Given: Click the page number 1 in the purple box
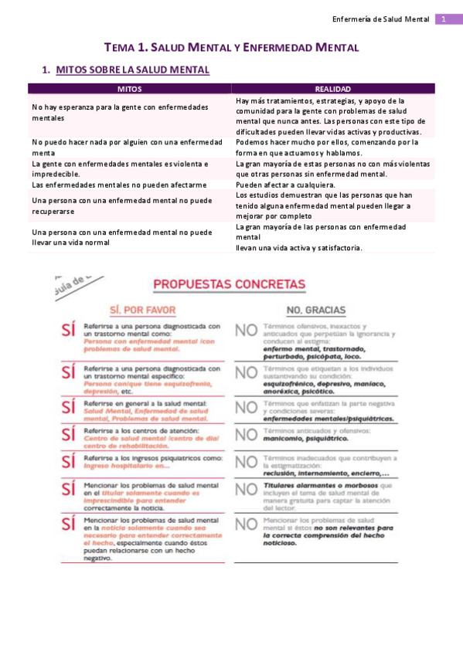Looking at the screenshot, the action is click(x=444, y=19).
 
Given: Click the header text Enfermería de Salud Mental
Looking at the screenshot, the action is click(x=380, y=19).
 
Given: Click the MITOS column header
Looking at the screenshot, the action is click(x=129, y=89).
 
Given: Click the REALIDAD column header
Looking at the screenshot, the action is click(x=333, y=89).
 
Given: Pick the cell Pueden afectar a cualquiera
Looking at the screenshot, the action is click(x=286, y=185).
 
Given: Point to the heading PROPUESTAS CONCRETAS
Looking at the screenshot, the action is click(x=229, y=284).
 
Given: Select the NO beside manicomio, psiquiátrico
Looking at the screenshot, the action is click(x=246, y=434).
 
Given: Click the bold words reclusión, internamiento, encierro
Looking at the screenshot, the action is click(x=325, y=473).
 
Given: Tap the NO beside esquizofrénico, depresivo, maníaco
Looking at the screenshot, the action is click(x=246, y=375).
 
